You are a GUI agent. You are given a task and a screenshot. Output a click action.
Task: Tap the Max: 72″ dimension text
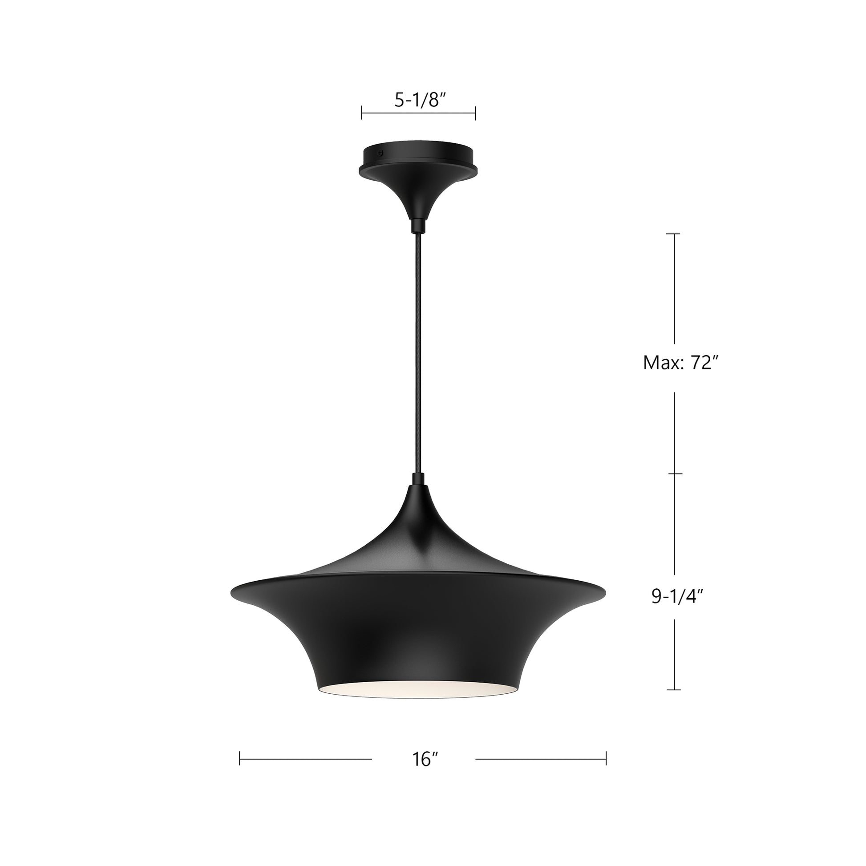(681, 363)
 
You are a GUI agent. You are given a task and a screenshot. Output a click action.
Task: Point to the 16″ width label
(425, 759)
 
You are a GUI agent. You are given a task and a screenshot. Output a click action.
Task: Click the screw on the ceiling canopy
(380, 153)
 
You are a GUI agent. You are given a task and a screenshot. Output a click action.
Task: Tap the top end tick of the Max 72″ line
(674, 234)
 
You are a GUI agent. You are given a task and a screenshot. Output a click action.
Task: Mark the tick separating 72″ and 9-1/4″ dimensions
(675, 474)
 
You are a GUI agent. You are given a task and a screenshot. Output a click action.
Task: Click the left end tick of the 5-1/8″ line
(362, 113)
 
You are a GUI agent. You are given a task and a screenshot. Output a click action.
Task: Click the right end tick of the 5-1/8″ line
(475, 113)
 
